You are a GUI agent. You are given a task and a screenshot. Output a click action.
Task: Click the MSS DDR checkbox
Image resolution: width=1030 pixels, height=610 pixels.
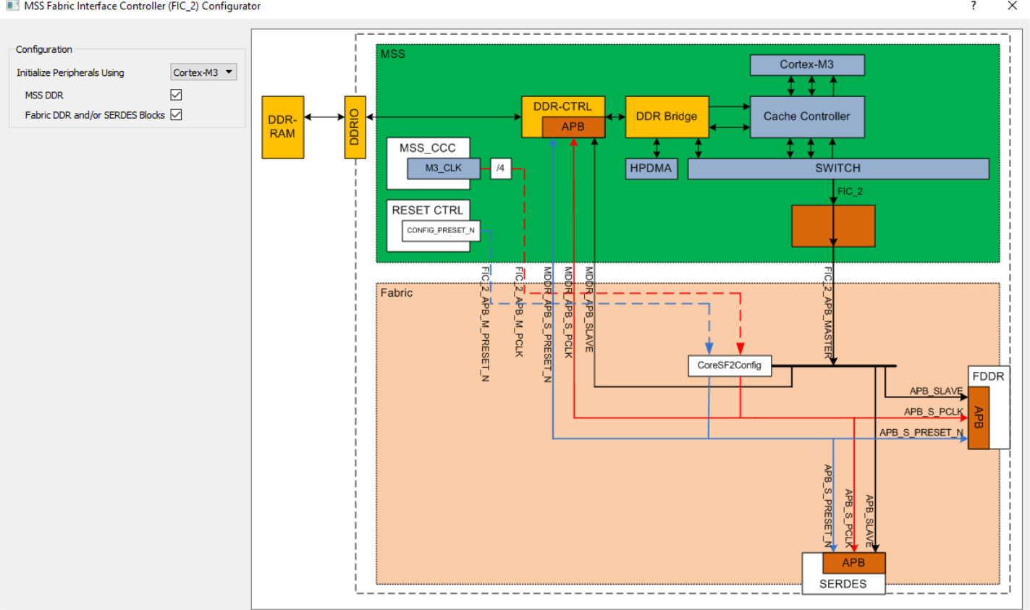pyautogui.click(x=176, y=95)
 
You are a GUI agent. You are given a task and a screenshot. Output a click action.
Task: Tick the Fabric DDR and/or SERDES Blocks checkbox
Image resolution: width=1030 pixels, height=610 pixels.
pyautogui.click(x=176, y=114)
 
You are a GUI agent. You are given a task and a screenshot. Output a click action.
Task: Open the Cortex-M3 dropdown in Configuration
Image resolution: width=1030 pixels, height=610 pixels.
pyautogui.click(x=203, y=72)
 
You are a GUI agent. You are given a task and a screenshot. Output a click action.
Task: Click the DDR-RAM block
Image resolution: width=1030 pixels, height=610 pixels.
pyautogui.click(x=282, y=127)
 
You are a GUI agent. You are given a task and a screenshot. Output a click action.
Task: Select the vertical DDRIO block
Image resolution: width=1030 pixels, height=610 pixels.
pyautogui.click(x=355, y=127)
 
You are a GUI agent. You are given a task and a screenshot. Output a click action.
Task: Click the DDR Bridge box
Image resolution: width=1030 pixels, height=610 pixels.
pyautogui.click(x=666, y=117)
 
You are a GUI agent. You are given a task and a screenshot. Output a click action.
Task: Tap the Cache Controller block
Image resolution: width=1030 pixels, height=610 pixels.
pyautogui.click(x=806, y=117)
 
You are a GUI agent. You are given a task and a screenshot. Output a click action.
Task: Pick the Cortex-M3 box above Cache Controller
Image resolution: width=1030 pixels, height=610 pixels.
pyautogui.click(x=806, y=64)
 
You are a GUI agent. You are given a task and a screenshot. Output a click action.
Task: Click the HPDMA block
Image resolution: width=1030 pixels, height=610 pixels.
pyautogui.click(x=650, y=169)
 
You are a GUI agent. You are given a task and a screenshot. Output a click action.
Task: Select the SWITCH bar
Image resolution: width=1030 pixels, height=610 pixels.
pyautogui.click(x=837, y=169)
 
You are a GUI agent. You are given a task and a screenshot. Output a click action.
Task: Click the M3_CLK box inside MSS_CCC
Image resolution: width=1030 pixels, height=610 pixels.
pyautogui.click(x=443, y=168)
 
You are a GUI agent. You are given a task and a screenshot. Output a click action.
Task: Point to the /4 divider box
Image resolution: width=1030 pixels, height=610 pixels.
pyautogui.click(x=500, y=168)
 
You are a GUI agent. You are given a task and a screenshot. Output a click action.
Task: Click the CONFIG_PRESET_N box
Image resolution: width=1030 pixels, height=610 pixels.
pyautogui.click(x=440, y=231)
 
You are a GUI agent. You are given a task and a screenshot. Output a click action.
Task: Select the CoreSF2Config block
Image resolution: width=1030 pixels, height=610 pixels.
pyautogui.click(x=729, y=365)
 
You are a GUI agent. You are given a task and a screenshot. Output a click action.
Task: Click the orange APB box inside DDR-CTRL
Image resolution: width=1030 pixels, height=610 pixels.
pyautogui.click(x=573, y=127)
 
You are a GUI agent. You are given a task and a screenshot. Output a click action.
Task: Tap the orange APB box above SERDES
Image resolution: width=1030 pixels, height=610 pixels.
pyautogui.click(x=853, y=562)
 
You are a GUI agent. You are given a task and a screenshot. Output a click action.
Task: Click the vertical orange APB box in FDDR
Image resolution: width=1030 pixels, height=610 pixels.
pyautogui.click(x=979, y=418)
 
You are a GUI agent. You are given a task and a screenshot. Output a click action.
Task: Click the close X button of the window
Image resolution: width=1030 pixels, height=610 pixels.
pyautogui.click(x=1012, y=7)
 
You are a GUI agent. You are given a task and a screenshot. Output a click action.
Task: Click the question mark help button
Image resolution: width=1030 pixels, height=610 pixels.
pyautogui.click(x=973, y=7)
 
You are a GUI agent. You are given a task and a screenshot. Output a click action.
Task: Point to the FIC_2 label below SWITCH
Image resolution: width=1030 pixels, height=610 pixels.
pyautogui.click(x=850, y=192)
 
